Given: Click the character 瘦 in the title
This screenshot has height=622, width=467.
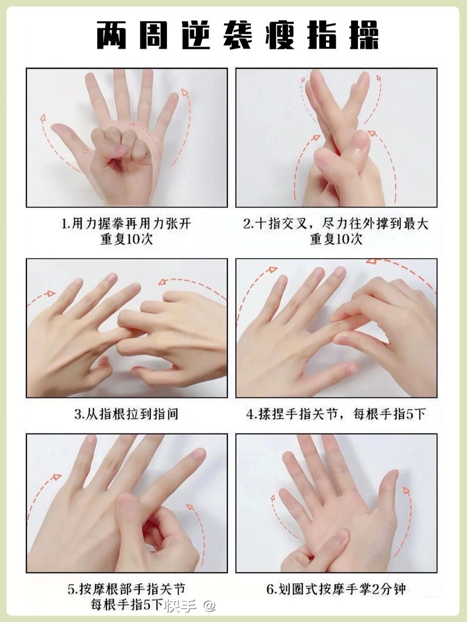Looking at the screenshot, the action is [279, 35].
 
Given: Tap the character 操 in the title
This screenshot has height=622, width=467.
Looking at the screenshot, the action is [364, 35].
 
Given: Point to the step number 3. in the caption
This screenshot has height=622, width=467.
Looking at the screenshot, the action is [79, 414].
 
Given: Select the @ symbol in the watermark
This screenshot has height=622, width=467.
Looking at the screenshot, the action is [210, 606].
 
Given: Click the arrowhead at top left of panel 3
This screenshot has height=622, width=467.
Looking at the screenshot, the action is [51, 293].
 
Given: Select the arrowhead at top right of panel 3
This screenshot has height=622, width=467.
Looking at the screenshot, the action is [163, 282].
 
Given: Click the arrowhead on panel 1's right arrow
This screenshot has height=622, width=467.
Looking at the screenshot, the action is [185, 92].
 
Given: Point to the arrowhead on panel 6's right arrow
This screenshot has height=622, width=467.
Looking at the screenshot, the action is [407, 491].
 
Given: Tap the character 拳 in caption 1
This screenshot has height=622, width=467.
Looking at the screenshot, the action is [117, 224].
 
